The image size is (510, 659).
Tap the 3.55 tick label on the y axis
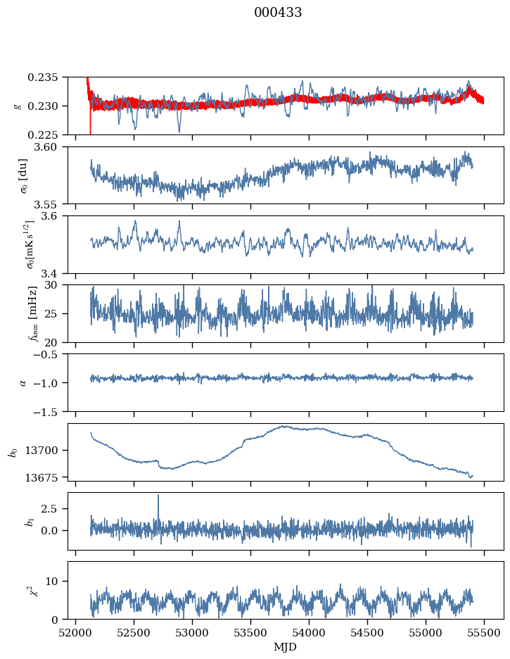pyautogui.click(x=51, y=203)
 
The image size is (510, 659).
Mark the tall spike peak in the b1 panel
pyautogui.click(x=158, y=495)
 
